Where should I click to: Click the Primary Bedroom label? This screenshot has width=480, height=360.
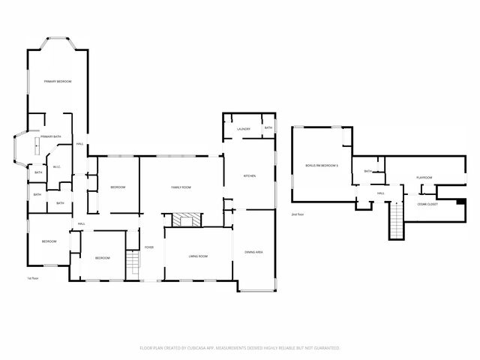coord(57,81)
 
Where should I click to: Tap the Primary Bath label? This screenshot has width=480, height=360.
coord(51,136)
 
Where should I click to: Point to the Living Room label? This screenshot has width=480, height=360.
coord(197,256)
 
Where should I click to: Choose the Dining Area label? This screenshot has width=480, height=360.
coord(253,252)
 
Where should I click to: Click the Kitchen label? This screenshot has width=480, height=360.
coord(250,175)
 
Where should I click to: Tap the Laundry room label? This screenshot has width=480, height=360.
coord(243,129)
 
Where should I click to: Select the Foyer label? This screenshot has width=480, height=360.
coord(149,247)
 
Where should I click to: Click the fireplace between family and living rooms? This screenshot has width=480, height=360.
coord(185,220)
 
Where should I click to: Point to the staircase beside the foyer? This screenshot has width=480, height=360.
coord(133,262)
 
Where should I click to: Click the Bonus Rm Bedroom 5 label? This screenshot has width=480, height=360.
coord(322,164)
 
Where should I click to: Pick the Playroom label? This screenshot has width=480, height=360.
coord(424,178)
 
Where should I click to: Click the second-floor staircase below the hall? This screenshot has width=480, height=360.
coord(396,221)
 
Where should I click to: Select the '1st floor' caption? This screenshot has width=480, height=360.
coord(34,278)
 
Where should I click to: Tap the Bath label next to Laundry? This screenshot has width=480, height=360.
coord(268,128)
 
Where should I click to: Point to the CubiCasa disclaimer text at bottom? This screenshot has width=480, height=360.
coord(240,348)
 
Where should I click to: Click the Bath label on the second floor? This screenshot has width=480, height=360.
coord(367,171)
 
